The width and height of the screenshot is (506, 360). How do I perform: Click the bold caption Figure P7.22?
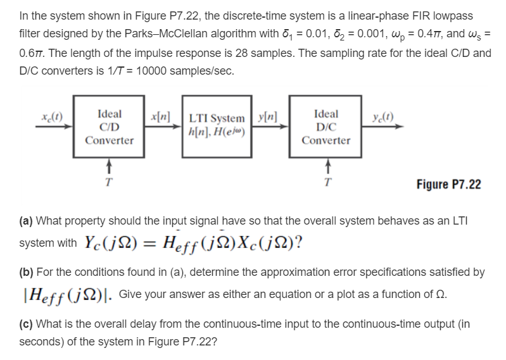point(448,185)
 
